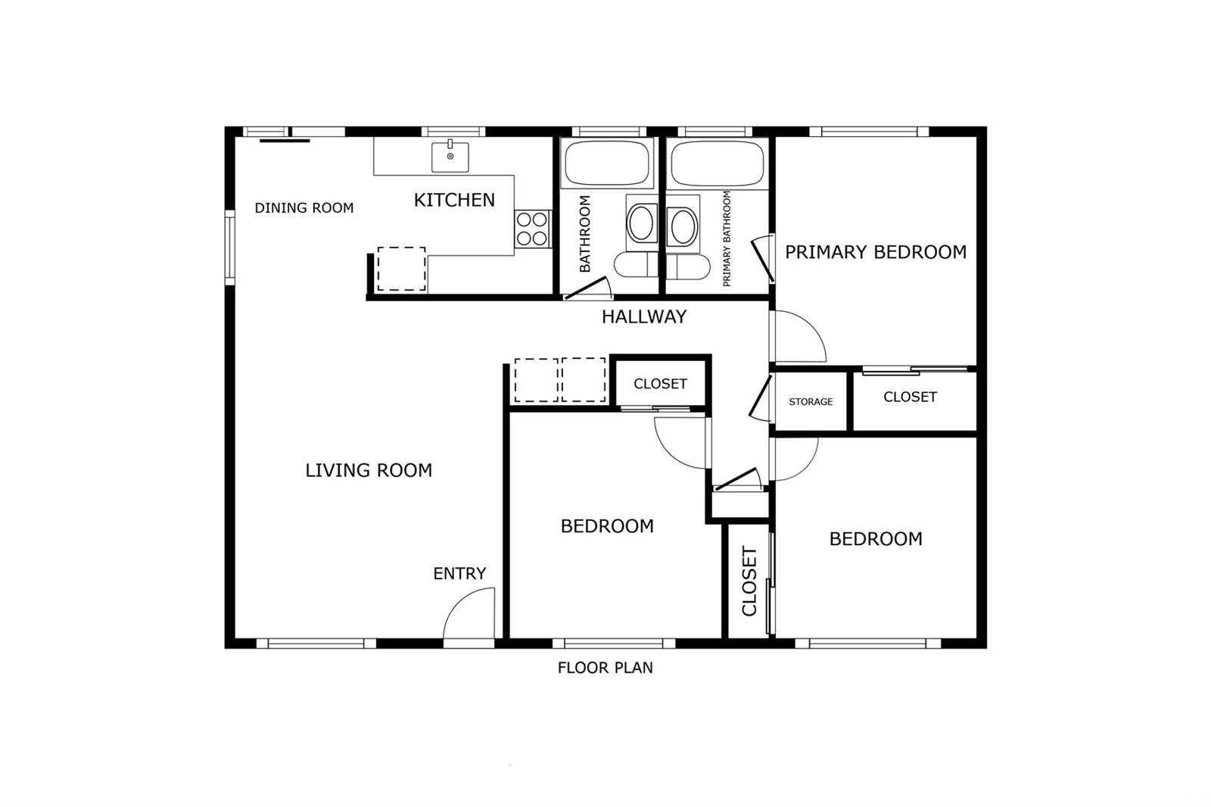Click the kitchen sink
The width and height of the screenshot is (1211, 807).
click(450, 156)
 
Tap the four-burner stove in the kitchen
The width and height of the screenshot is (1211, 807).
click(532, 229)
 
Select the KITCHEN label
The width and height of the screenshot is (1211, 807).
click(454, 200)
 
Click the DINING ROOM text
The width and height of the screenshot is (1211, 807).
click(304, 207)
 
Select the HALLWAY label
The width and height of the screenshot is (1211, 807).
click(644, 316)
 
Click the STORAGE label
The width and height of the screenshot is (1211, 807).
click(811, 402)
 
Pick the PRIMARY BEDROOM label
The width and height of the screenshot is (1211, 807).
click(875, 252)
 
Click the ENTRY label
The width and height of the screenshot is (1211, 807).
click(459, 573)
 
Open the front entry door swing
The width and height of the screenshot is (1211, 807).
click(469, 613)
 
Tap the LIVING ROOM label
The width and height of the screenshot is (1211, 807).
click(369, 471)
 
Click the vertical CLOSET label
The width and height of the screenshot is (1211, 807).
click(749, 581)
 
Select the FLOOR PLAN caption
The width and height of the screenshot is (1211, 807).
click(605, 668)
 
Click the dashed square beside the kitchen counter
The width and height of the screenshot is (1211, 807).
click(402, 269)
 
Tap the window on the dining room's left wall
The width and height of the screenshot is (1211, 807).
click(230, 248)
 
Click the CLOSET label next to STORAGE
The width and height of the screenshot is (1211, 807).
click(910, 397)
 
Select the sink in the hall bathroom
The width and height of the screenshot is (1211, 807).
click(642, 223)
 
